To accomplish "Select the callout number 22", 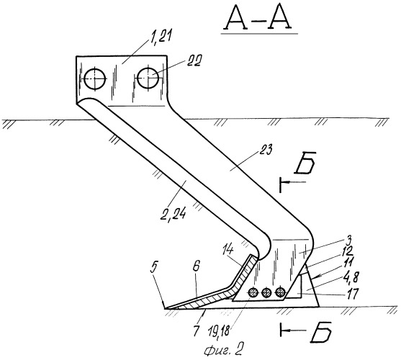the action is click(x=194, y=61).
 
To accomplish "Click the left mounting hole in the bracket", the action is click(x=95, y=78).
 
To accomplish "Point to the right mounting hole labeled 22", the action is click(x=148, y=78).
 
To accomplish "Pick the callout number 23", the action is click(x=264, y=150).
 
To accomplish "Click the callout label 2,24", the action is click(x=172, y=215).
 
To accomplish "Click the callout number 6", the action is click(x=197, y=268).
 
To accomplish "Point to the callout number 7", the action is click(x=196, y=331).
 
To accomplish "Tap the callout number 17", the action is click(x=351, y=293).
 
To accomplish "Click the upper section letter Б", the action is click(x=305, y=163).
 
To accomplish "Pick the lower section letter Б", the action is click(x=321, y=331).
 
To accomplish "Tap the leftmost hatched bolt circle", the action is click(x=253, y=292).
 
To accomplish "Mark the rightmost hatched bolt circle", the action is click(x=281, y=292).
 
